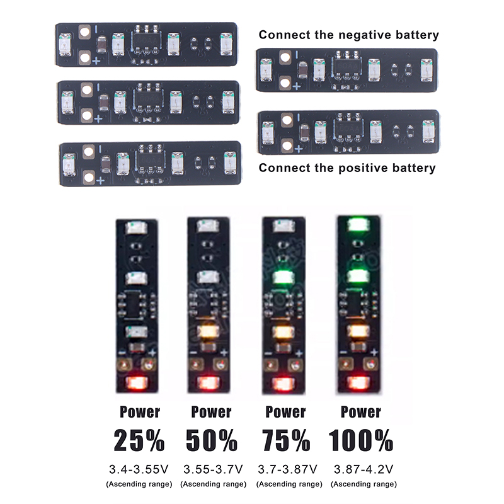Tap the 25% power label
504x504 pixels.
(x=139, y=440)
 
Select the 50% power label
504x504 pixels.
(x=212, y=440)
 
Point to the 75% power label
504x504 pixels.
(x=286, y=440)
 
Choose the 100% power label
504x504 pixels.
(x=360, y=440)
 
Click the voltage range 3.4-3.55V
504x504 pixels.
(x=139, y=469)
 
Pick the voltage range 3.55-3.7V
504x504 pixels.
(x=213, y=469)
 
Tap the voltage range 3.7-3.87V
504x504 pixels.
(x=288, y=469)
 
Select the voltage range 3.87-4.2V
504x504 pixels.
(x=364, y=469)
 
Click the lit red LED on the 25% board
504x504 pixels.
(x=137, y=382)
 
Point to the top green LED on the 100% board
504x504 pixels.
(x=359, y=224)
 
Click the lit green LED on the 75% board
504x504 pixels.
(x=284, y=277)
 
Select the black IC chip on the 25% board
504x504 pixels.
(x=136, y=304)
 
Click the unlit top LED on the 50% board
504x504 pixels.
(x=209, y=226)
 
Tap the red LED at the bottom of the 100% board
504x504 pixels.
(x=358, y=382)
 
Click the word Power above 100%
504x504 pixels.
(x=360, y=412)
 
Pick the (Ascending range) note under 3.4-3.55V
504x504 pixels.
(x=139, y=484)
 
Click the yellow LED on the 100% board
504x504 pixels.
(x=358, y=331)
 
